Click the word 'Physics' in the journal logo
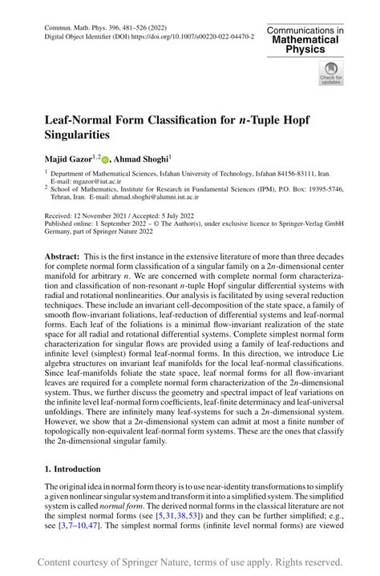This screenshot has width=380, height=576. coord(305,49)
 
